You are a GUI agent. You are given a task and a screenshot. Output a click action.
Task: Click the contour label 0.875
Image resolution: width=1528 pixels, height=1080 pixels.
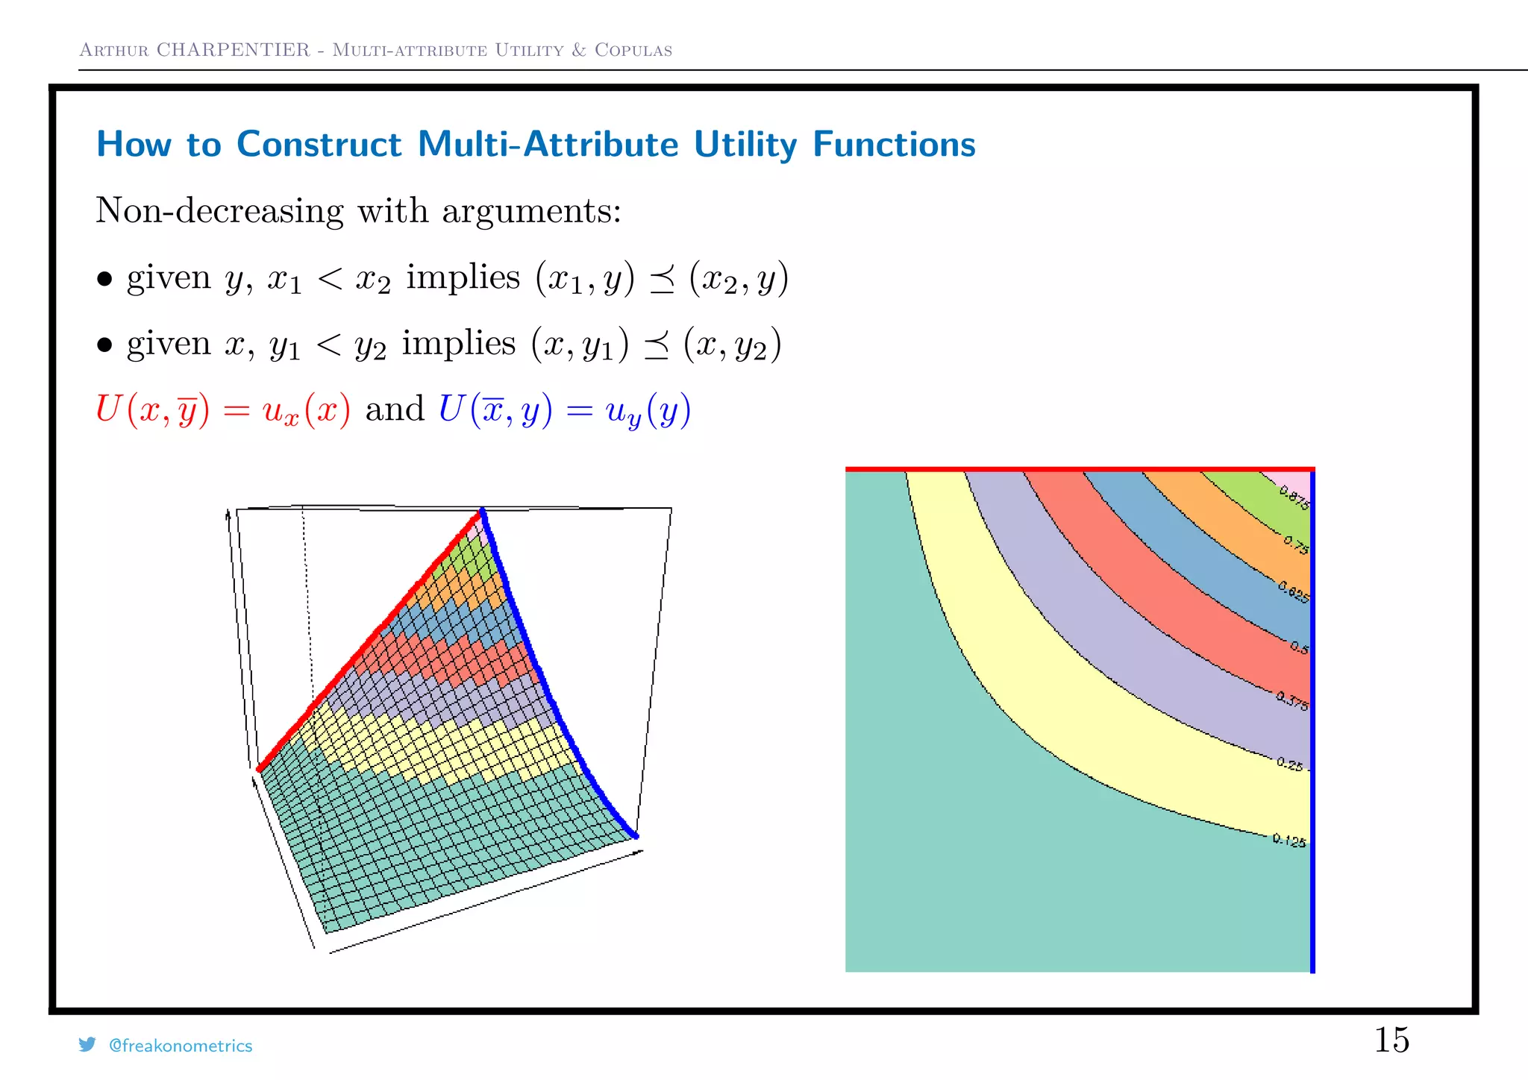tap(1294, 497)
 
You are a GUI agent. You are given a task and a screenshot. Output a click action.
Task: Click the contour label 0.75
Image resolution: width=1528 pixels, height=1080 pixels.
tap(1296, 544)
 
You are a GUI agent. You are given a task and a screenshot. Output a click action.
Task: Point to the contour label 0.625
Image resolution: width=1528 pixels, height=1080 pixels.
tap(1294, 591)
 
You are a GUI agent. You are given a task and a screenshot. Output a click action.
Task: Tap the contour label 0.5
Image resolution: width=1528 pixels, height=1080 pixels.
tap(1300, 647)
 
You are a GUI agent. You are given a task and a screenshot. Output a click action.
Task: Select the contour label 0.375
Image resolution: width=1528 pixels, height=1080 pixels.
tap(1291, 701)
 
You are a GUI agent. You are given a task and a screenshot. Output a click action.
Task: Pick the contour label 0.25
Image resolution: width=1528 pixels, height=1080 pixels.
tap(1290, 764)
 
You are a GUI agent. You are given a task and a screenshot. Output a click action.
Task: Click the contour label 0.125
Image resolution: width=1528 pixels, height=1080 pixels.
tap(1289, 841)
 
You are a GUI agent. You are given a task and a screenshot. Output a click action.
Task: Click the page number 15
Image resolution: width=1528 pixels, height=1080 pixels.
tap(1391, 1040)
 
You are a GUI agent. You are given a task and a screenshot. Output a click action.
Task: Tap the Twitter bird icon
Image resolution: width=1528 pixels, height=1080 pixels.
tap(87, 1044)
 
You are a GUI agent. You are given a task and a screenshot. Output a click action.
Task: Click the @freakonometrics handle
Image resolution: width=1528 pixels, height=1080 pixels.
tap(181, 1046)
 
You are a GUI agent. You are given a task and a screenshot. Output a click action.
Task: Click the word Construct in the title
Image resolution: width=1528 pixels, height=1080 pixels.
tap(319, 144)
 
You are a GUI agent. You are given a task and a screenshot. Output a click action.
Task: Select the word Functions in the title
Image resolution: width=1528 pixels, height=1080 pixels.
tap(894, 144)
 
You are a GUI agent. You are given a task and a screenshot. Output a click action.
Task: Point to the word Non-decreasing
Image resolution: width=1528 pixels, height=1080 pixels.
tap(220, 211)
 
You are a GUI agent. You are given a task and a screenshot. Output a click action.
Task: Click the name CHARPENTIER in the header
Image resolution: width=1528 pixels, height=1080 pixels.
tap(233, 50)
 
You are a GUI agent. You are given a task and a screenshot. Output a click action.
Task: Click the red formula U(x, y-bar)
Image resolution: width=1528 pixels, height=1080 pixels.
tap(153, 409)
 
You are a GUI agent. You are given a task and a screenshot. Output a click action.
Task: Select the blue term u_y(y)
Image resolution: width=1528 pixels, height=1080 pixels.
tap(648, 411)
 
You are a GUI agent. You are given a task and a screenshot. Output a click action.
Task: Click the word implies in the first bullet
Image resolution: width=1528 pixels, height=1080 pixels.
tap(463, 278)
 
